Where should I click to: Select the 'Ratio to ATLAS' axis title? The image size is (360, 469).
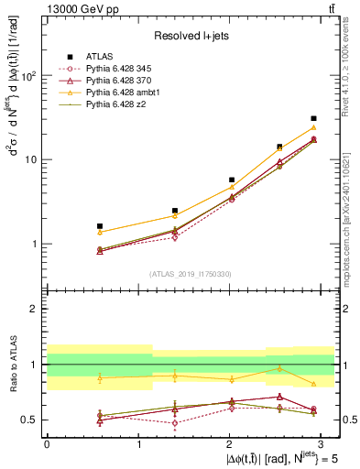pos(13,364)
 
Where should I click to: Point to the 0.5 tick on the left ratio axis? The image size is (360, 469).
pos(31,420)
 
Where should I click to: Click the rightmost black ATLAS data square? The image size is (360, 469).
pos(313,118)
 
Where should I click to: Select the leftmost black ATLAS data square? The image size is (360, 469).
pos(74,225)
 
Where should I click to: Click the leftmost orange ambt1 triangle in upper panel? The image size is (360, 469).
pos(74,232)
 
